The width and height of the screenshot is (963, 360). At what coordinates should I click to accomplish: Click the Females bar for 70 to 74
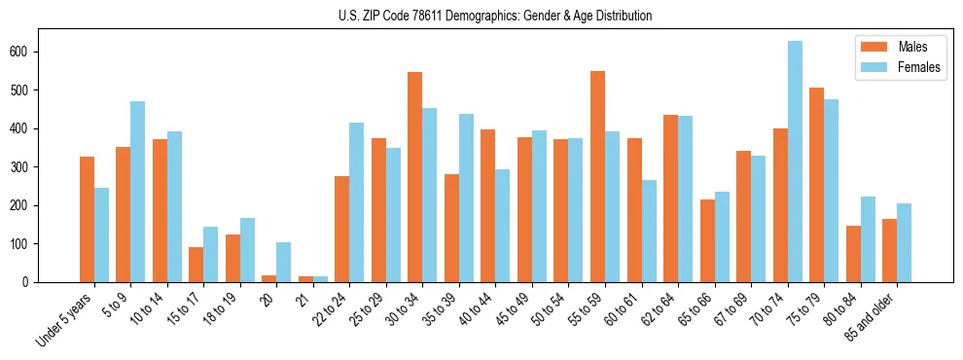coord(795,162)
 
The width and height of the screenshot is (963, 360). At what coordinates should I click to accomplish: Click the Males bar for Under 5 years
coord(87,219)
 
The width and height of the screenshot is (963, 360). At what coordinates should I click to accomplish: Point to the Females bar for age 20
coord(284,262)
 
